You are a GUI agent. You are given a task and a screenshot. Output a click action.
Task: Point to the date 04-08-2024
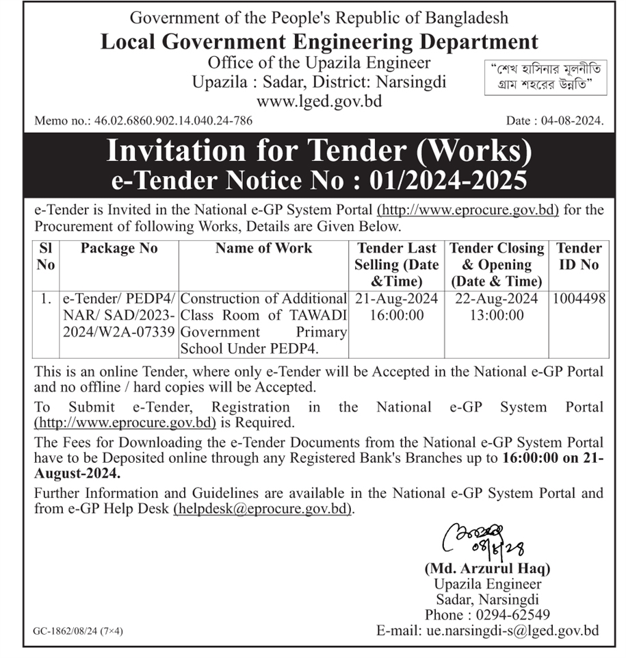[x=575, y=121]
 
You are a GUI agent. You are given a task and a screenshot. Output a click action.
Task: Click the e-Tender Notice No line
[x=319, y=180]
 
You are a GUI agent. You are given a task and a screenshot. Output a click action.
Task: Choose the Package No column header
[x=119, y=249]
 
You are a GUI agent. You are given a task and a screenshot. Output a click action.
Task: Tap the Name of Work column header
[x=263, y=249]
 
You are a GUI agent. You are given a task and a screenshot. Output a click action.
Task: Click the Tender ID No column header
[x=579, y=256]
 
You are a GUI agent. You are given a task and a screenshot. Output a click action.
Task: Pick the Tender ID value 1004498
[x=579, y=299]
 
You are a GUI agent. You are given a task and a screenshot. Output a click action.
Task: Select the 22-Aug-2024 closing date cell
[x=496, y=299]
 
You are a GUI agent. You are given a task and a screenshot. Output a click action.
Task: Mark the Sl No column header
[x=46, y=256]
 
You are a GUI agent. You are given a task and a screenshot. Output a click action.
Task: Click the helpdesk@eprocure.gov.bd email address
[x=263, y=509]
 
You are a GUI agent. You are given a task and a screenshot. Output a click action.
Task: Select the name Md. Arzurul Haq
[x=487, y=568]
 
